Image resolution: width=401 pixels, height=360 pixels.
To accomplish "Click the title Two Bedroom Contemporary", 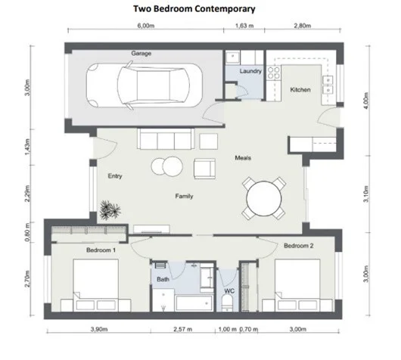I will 200,9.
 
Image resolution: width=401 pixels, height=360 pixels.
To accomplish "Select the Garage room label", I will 141,54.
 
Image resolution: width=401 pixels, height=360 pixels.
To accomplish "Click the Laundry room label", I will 250,72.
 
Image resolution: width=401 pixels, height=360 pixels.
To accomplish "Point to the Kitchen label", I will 300,90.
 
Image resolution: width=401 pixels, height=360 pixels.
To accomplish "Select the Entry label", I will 115,177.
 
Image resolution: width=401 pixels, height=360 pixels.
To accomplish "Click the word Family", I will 184,196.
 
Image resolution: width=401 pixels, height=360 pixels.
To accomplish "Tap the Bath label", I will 162,279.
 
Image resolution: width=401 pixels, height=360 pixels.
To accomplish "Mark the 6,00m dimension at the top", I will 145,25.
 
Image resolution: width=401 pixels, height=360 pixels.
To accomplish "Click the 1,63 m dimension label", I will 244,25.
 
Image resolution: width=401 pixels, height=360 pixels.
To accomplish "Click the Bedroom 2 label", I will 299,246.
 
